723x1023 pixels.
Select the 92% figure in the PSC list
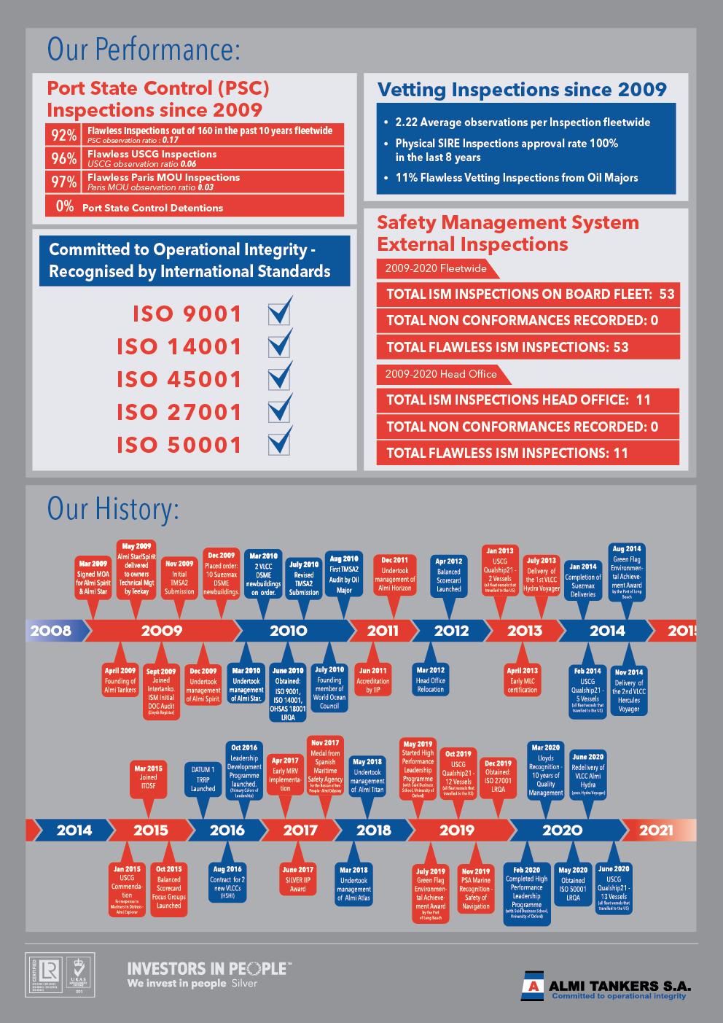tap(63, 135)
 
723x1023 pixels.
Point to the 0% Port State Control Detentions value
tap(65, 206)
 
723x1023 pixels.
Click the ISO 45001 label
tap(179, 379)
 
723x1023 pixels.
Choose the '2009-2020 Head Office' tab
tap(441, 374)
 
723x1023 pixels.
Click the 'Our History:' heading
tap(113, 509)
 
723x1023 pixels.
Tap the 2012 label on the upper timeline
tap(451, 631)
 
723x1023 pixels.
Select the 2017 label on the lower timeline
tap(300, 830)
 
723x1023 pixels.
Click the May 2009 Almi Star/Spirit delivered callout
tap(136, 569)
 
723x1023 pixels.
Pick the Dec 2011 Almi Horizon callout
tap(395, 575)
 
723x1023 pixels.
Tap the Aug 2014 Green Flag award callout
tap(627, 572)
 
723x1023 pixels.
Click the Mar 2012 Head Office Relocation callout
tap(431, 680)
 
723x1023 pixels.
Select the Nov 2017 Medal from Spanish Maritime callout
tap(325, 766)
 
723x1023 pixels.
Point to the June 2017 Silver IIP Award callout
tap(298, 879)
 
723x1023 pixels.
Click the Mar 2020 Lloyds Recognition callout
tap(546, 770)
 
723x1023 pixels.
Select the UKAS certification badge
tap(79, 973)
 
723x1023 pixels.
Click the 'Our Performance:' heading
tap(144, 50)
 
